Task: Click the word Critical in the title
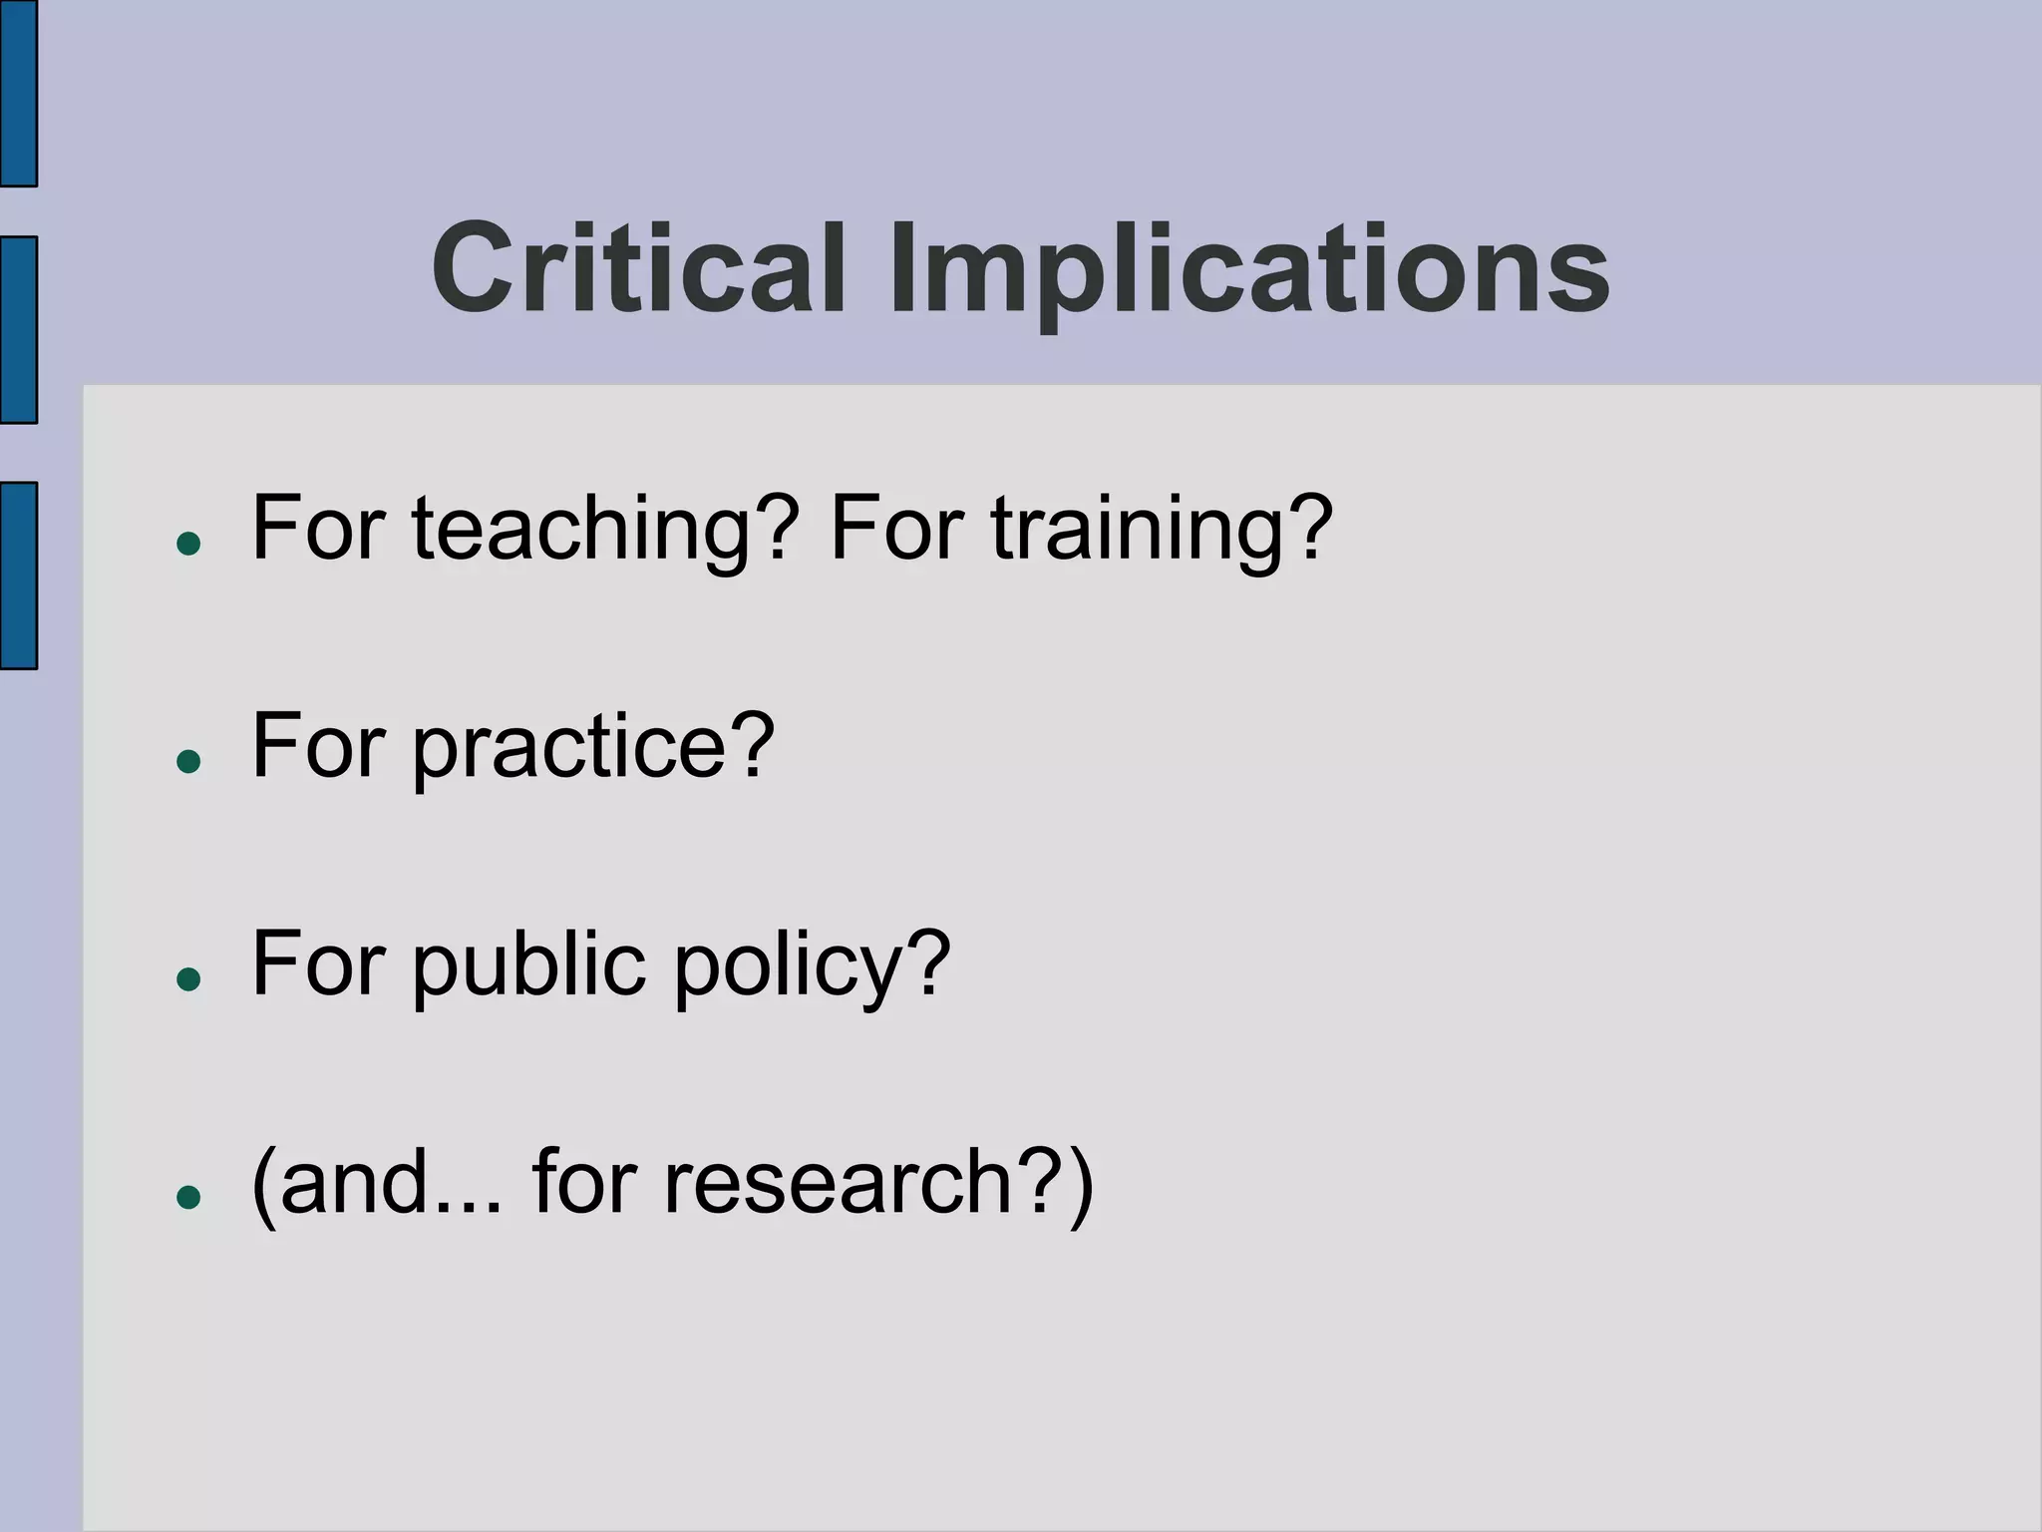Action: tap(639, 269)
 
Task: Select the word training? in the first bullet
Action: tap(1162, 529)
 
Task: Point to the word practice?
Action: tap(593, 747)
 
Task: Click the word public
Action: tap(528, 963)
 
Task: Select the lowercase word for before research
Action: tap(584, 1182)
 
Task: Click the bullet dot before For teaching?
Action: tap(188, 545)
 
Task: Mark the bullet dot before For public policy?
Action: tap(188, 979)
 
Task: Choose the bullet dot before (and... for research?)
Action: tap(188, 1197)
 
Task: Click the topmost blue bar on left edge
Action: tap(18, 92)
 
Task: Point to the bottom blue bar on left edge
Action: tap(18, 575)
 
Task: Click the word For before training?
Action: tap(896, 529)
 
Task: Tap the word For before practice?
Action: tap(318, 747)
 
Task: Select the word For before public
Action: tap(318, 963)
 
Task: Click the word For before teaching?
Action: tap(318, 529)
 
